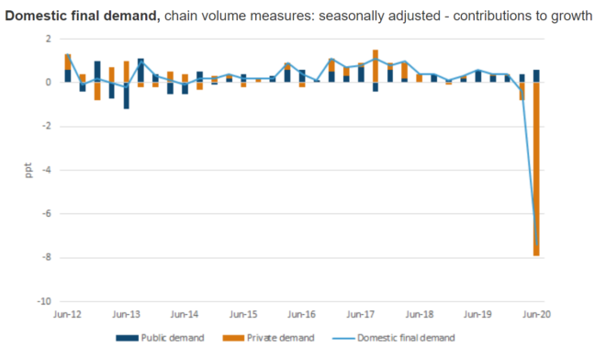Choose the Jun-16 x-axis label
302,314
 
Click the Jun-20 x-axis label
536,314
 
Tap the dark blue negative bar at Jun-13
126,96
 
